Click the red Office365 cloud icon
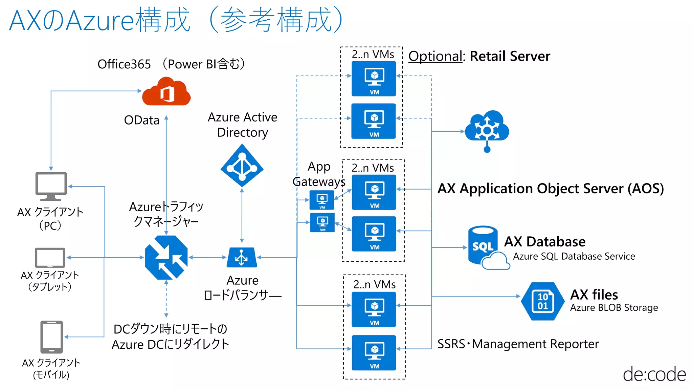tap(166, 92)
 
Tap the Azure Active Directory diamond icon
tap(242, 166)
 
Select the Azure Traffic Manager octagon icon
tap(166, 258)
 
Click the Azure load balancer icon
tap(242, 258)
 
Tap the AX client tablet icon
tap(50, 258)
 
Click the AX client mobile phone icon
tap(51, 337)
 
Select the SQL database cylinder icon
tap(483, 245)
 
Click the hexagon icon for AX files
tap(542, 301)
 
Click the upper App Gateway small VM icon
tap(322, 200)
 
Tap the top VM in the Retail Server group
tap(374, 79)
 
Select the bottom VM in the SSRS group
tap(374, 353)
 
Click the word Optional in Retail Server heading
tap(435, 56)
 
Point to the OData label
tap(141, 120)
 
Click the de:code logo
tap(654, 374)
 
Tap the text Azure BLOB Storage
tap(614, 308)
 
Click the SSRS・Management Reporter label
tap(518, 344)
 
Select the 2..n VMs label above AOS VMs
tap(373, 168)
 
